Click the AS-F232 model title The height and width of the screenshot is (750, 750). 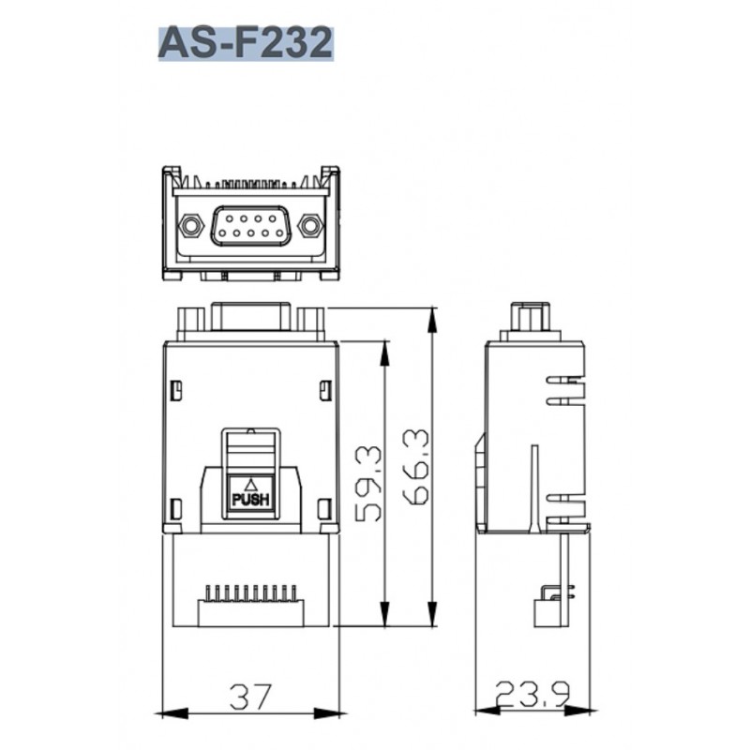click(246, 43)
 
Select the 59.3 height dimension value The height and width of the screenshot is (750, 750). click(369, 484)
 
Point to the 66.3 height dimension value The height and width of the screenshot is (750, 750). click(416, 467)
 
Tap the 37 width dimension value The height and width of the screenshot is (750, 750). click(250, 697)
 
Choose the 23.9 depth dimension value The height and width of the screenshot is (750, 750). click(532, 694)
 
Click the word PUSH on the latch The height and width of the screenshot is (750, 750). click(250, 501)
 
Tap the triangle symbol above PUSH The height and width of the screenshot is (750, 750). click(250, 485)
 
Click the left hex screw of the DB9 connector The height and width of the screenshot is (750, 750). click(190, 225)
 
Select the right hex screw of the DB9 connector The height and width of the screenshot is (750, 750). click(309, 225)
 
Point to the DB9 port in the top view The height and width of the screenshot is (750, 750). click(250, 226)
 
